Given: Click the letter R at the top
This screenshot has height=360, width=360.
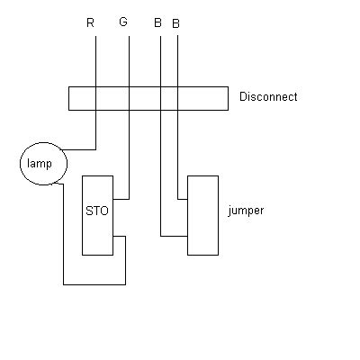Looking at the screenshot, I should click(x=90, y=22).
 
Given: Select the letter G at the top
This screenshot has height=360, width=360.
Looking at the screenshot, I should click(x=122, y=22).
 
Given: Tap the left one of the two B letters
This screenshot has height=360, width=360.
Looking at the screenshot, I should click(x=157, y=22).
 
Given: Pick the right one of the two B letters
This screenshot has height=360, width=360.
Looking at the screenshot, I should click(x=175, y=22).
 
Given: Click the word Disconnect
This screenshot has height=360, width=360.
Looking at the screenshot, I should click(x=268, y=97).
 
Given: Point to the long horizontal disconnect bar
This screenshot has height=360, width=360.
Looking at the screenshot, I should click(x=148, y=98).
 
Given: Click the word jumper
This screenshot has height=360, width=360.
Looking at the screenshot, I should click(x=246, y=211).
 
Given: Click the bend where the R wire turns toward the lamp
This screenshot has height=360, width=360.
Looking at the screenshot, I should click(x=94, y=148).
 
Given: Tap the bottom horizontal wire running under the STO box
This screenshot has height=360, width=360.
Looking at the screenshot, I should click(x=94, y=284).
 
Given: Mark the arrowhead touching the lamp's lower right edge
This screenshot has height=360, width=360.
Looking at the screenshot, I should click(x=57, y=183).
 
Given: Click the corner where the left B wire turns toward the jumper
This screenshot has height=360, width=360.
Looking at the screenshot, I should click(x=161, y=237).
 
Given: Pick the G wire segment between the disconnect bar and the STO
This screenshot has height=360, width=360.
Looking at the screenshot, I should click(x=129, y=153).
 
